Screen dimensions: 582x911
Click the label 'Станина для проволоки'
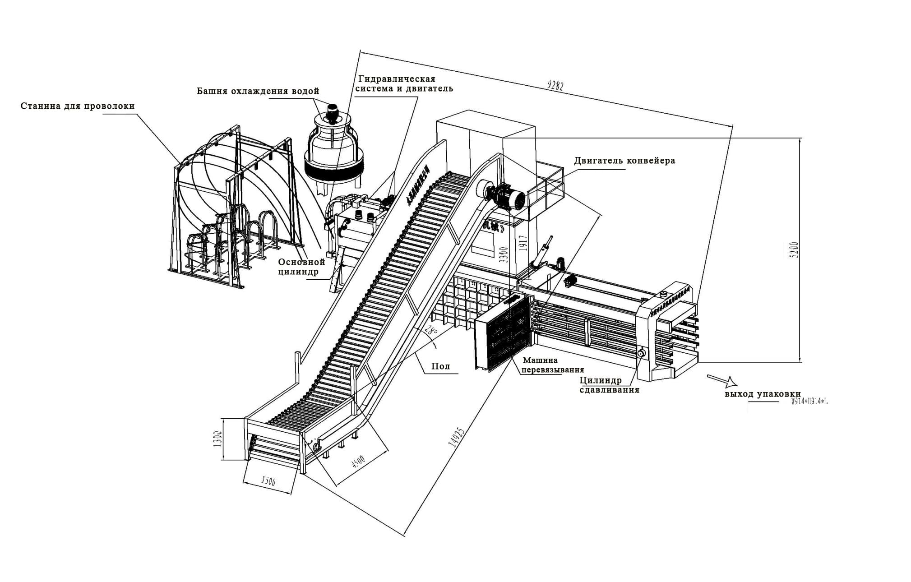coord(78,106)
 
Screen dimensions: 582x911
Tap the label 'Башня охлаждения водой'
coord(258,91)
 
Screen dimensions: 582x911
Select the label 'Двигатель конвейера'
coord(624,161)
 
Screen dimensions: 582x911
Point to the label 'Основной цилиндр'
coord(301,267)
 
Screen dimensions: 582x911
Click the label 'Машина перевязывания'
coord(552,365)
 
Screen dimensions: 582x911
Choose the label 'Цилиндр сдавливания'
coord(609,385)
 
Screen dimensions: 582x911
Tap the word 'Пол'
coord(440,366)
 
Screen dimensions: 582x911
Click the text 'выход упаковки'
coord(763,394)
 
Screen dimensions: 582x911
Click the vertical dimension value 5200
coord(794,250)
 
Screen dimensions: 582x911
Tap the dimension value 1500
coord(268,481)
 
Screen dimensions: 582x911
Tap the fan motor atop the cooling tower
coord(333,113)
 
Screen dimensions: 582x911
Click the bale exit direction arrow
coord(722,381)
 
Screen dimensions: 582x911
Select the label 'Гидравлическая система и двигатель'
coord(404,84)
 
